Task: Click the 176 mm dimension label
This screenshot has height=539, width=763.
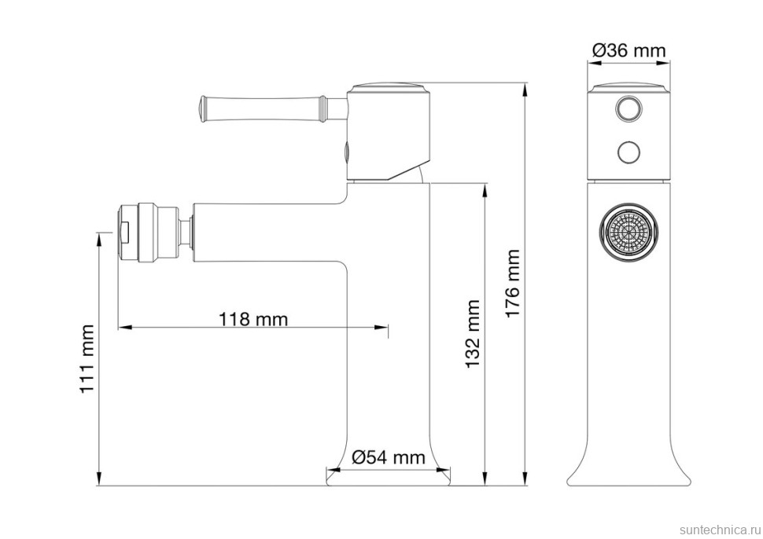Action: tap(513, 284)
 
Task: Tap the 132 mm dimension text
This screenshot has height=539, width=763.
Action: tap(473, 334)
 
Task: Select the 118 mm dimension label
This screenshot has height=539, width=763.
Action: tap(253, 319)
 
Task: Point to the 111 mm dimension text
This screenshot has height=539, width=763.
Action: tap(87, 359)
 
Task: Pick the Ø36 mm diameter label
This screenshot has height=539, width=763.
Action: tap(628, 50)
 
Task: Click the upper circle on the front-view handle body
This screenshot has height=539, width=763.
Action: tap(628, 108)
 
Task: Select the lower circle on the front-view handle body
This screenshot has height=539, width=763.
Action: tap(628, 152)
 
